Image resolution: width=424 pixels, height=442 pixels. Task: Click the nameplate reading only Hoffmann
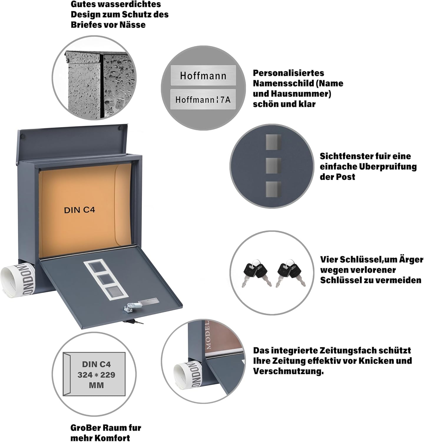(203, 75)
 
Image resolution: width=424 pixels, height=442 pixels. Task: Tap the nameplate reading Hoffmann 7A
(203, 100)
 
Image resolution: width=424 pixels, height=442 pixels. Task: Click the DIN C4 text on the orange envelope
(79, 210)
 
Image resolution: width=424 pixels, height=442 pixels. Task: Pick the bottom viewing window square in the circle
(273, 189)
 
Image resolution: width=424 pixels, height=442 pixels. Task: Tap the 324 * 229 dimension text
(96, 375)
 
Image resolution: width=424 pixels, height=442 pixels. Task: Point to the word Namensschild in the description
(280, 83)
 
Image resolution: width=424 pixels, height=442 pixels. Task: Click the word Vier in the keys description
(329, 259)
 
